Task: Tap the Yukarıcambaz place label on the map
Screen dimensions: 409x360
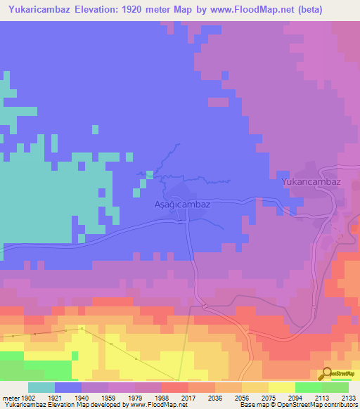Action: click(311, 181)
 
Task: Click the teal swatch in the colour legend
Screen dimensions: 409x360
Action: click(41, 387)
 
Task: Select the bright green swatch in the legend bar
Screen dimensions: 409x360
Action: click(308, 387)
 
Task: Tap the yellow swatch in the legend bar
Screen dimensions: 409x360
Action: click(281, 387)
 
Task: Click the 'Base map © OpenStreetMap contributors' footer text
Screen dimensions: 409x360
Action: click(298, 404)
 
